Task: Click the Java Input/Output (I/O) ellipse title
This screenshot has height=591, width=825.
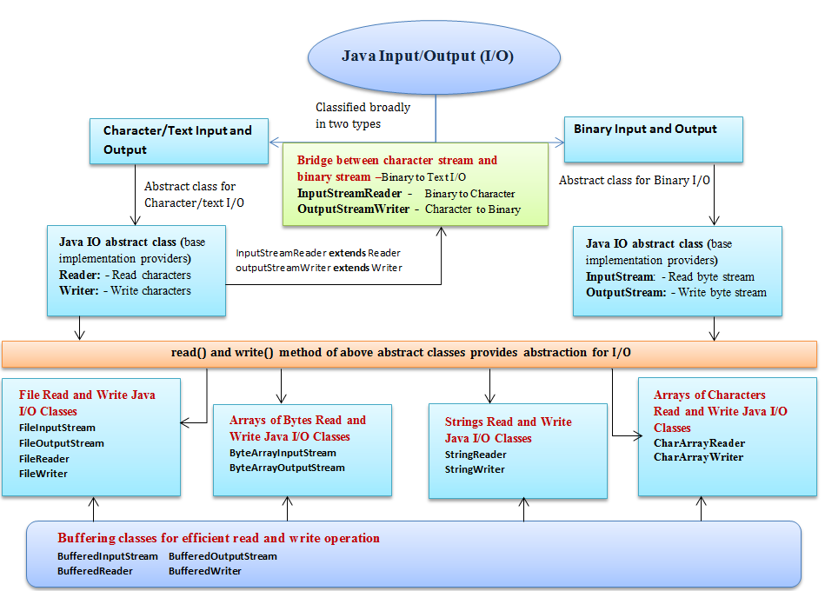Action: (x=427, y=56)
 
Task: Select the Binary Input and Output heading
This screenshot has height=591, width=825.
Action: (x=645, y=129)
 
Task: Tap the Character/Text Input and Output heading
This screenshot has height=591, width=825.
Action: (x=177, y=140)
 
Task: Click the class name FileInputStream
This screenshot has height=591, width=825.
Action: (x=57, y=428)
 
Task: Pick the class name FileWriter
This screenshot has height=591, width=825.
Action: (x=43, y=473)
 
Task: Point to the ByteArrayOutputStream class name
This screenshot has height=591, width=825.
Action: (x=287, y=468)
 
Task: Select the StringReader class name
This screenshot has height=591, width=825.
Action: (x=476, y=455)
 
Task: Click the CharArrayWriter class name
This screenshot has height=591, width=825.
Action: (x=699, y=457)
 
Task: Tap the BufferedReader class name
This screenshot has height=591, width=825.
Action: (x=95, y=571)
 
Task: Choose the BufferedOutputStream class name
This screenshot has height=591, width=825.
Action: (x=223, y=556)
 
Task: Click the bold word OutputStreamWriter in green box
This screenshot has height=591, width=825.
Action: (x=354, y=209)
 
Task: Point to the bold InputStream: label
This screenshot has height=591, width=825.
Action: (x=621, y=276)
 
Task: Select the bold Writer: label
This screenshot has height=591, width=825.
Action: (x=79, y=291)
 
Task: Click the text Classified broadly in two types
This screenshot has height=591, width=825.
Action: (x=363, y=116)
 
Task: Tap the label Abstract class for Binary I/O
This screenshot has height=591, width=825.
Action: (x=634, y=181)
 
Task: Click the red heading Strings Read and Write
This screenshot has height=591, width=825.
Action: (x=509, y=422)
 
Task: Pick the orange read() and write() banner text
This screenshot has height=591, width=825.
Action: (x=401, y=352)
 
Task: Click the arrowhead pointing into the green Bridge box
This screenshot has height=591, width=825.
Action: (x=441, y=231)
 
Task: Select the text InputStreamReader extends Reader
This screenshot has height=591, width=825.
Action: (x=318, y=253)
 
